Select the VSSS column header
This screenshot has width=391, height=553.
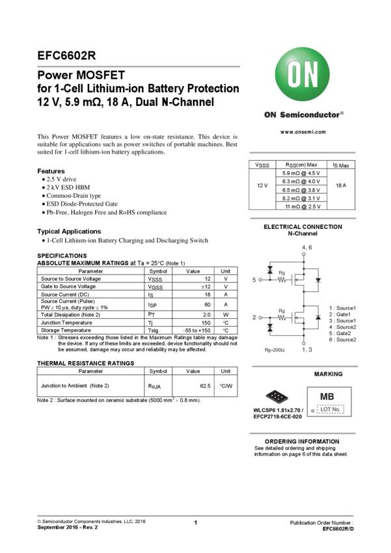(262, 165)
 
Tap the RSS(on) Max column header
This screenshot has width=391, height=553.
(301, 165)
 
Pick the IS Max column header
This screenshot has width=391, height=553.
(341, 165)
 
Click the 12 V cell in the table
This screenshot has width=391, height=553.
(262, 186)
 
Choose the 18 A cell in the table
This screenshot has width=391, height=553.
(341, 186)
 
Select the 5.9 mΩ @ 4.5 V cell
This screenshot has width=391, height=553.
(301, 174)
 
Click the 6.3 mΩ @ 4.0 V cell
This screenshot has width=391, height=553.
(301, 182)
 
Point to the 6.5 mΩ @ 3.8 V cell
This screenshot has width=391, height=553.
(301, 190)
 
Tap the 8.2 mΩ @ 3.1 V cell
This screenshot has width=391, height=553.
(301, 198)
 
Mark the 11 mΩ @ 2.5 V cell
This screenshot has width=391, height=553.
(303, 206)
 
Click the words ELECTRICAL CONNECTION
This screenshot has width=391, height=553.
(303, 227)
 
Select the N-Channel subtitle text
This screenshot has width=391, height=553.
(303, 234)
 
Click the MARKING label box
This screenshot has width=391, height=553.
(329, 374)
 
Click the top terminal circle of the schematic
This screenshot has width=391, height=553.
(304, 254)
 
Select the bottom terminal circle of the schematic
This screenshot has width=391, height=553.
(304, 344)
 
